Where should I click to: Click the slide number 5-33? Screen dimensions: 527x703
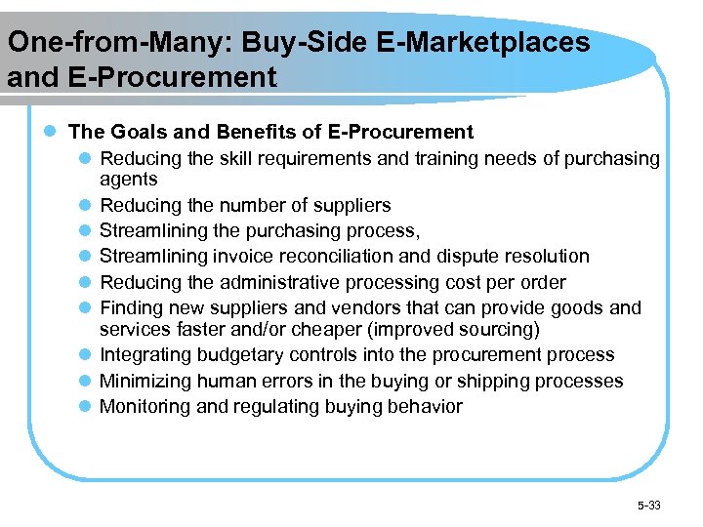coord(648,505)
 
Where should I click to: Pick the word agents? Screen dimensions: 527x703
coord(129,180)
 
